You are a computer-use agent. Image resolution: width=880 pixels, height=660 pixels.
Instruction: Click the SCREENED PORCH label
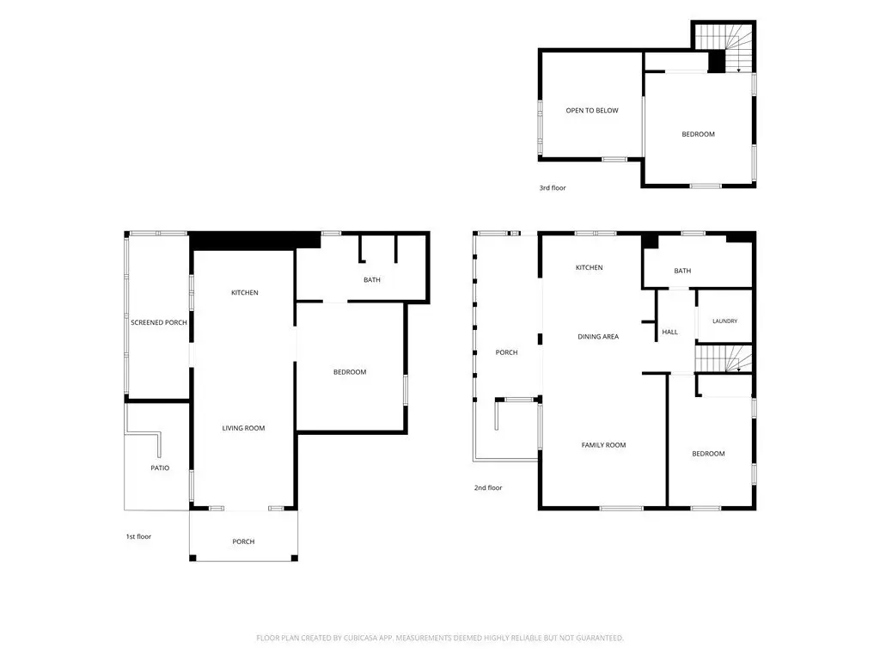coord(159,323)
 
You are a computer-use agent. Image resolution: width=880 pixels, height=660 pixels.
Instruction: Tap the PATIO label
coord(160,468)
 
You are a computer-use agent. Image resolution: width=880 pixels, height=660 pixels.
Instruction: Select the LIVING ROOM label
coord(243,428)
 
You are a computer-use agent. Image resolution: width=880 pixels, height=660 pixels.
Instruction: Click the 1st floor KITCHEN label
coord(245,292)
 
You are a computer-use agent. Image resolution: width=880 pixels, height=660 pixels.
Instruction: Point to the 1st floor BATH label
coord(372,280)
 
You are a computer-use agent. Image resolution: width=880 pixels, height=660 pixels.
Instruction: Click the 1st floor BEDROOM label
coord(350,372)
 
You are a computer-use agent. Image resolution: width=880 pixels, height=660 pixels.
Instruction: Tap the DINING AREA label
coord(598,337)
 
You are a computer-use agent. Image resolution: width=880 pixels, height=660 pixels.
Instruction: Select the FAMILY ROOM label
coord(603,445)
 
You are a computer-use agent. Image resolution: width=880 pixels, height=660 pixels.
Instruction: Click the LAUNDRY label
coord(725,321)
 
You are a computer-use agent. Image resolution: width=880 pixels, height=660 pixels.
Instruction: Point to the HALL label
coord(670,333)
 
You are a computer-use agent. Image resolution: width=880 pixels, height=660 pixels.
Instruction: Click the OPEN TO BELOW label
coord(592,111)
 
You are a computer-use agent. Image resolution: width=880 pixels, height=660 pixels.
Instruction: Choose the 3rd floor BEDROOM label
coord(698,134)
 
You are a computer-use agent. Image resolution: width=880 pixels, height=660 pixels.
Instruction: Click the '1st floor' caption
coord(138,536)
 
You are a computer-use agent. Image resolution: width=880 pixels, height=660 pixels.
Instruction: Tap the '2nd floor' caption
coord(488,488)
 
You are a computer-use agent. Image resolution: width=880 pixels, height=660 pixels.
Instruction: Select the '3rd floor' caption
coord(553,188)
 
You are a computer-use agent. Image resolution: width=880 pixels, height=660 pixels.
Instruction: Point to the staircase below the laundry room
coord(724,358)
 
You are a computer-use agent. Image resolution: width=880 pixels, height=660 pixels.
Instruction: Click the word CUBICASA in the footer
coord(363,639)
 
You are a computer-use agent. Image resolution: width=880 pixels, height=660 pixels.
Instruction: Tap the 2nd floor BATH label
coord(682,271)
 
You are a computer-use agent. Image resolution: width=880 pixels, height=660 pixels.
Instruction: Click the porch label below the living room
coord(243,541)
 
